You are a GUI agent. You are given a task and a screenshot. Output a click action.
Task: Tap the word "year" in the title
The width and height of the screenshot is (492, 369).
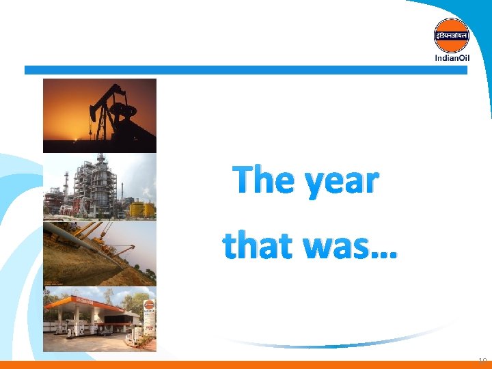340,183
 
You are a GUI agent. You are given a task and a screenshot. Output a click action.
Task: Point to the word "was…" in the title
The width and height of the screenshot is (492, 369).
348,247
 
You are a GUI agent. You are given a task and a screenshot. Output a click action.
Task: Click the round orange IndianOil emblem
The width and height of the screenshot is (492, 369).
452,35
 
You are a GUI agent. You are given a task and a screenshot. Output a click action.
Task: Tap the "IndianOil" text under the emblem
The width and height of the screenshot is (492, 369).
452,57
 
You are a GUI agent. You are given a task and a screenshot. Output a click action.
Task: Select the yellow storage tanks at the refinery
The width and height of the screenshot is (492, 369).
141,208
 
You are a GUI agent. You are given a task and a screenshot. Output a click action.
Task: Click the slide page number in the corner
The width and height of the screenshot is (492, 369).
482,360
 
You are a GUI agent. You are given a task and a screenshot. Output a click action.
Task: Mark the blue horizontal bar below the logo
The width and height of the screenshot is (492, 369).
246,70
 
